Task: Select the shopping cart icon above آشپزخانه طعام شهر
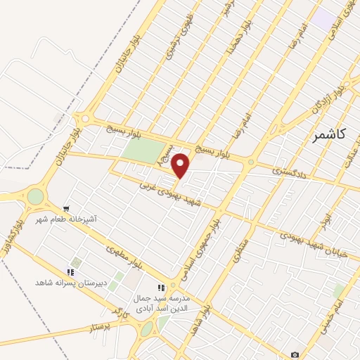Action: (x=66, y=209)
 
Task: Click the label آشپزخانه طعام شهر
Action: (x=67, y=220)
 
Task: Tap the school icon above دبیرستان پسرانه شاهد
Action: (x=70, y=271)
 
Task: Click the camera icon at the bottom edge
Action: (x=295, y=354)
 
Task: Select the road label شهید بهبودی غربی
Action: (x=167, y=190)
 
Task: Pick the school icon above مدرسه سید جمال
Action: (x=161, y=287)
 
